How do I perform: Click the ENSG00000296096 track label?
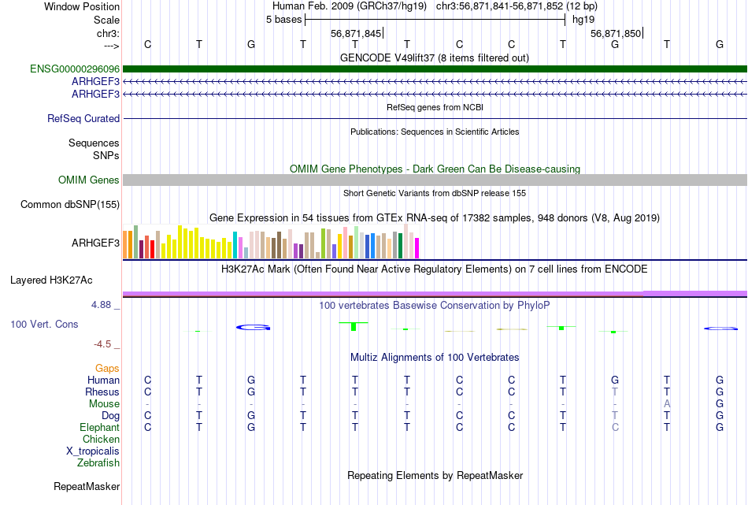click(75, 69)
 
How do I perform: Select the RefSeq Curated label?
click(83, 119)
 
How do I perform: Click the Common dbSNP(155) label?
click(70, 205)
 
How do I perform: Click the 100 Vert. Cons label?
click(44, 324)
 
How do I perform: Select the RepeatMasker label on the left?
click(87, 487)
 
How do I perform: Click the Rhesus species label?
click(102, 392)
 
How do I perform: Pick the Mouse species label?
click(104, 403)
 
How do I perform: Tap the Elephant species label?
click(99, 427)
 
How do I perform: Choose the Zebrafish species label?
click(98, 462)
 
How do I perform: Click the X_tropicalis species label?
click(93, 451)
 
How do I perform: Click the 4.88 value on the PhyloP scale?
click(103, 304)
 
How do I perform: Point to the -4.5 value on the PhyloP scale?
click(103, 344)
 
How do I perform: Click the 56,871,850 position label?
click(616, 33)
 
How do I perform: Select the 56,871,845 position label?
click(356, 33)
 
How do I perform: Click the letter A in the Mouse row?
click(667, 403)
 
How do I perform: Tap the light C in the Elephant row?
click(615, 427)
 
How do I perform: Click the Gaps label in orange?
click(107, 368)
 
